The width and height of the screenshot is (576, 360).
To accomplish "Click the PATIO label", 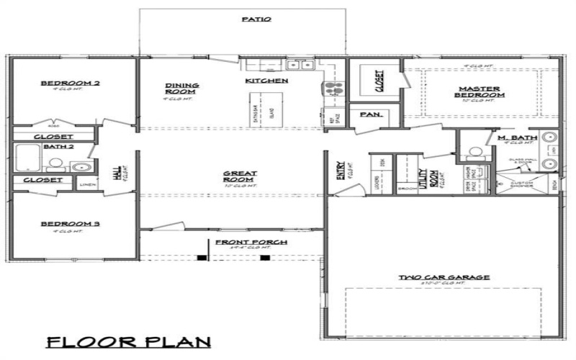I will coord(256,19).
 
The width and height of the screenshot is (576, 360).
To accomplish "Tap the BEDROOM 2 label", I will coord(70,84).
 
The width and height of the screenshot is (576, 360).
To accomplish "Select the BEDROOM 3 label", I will coord(70,225).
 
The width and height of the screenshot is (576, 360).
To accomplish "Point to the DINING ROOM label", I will coord(181,89).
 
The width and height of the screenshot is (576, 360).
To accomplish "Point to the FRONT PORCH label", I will coord(241,242).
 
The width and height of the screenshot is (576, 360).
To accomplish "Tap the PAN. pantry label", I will coord(370,114).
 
